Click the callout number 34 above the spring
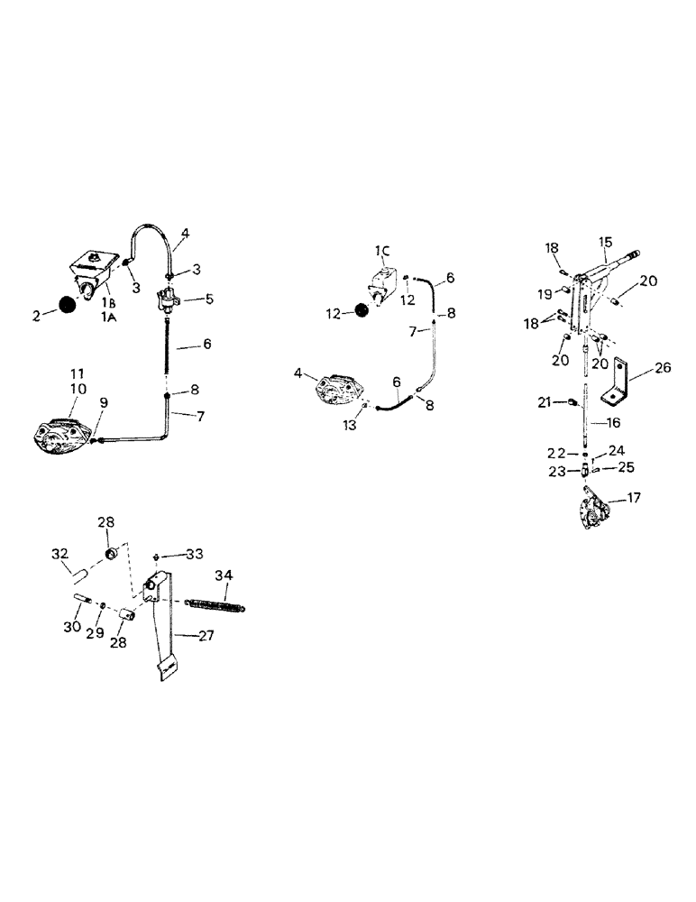coord(223,575)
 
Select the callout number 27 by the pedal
coord(206,636)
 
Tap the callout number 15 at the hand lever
coord(605,242)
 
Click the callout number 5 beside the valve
coord(209,297)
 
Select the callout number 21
coord(543,400)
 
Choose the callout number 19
coord(545,293)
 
